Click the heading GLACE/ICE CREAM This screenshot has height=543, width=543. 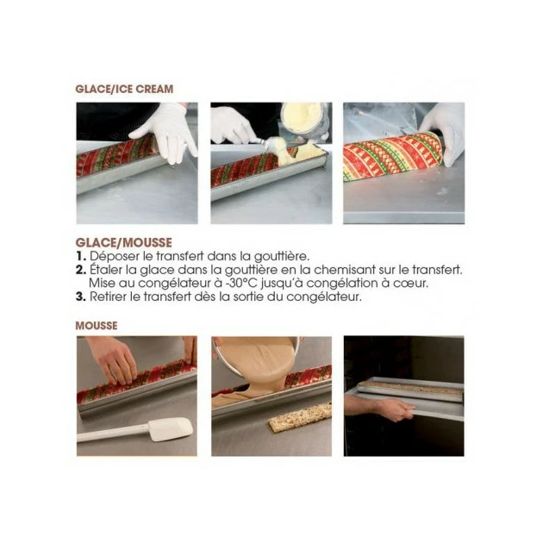point(124,89)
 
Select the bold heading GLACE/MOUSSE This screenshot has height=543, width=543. point(123,243)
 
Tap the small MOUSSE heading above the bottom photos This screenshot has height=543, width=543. point(97,325)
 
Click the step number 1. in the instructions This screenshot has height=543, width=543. point(81,256)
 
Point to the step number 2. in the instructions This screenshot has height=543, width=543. point(81,269)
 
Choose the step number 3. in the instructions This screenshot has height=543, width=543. point(81,297)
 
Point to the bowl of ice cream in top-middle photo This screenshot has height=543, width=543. point(303,122)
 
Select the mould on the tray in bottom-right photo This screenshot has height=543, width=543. point(410,389)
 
